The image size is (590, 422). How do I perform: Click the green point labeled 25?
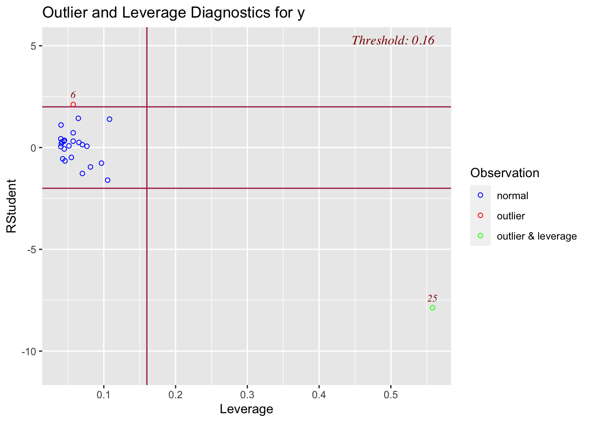[x=432, y=308]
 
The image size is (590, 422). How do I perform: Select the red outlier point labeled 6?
[x=73, y=105]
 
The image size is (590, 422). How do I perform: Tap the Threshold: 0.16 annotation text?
[x=393, y=40]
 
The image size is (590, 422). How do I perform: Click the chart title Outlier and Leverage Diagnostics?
[x=173, y=13]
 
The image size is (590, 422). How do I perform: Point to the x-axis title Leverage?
[x=246, y=409]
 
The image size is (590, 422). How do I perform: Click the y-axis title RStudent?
[x=11, y=206]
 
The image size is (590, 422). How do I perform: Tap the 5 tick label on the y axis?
[x=33, y=46]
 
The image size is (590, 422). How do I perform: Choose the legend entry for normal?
[x=512, y=196]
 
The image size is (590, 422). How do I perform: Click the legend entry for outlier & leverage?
[x=536, y=236]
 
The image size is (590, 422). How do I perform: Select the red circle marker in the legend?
[x=480, y=215]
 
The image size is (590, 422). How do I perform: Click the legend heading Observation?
[x=504, y=173]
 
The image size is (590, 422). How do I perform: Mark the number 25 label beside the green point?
[x=432, y=298]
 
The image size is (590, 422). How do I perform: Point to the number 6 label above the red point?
[x=73, y=95]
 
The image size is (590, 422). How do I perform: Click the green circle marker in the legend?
[x=480, y=236]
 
